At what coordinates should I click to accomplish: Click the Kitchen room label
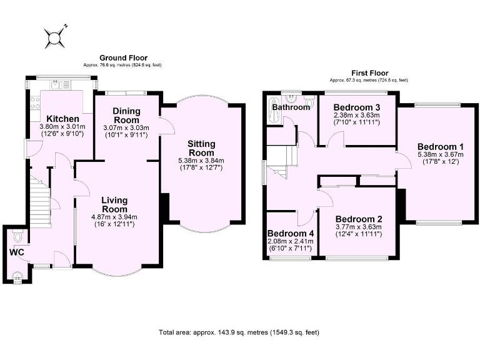pos(62,119)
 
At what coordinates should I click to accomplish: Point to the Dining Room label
pos(126,116)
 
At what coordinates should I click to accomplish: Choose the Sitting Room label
pos(201,148)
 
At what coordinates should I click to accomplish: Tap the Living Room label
pos(114,204)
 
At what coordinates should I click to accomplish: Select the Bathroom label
pos(291,107)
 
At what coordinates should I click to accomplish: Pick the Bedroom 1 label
pos(441,147)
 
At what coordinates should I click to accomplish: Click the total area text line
pos(239,332)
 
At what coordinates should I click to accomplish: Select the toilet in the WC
pos(17,236)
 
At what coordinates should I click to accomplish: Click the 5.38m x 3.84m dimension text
pos(201,160)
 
